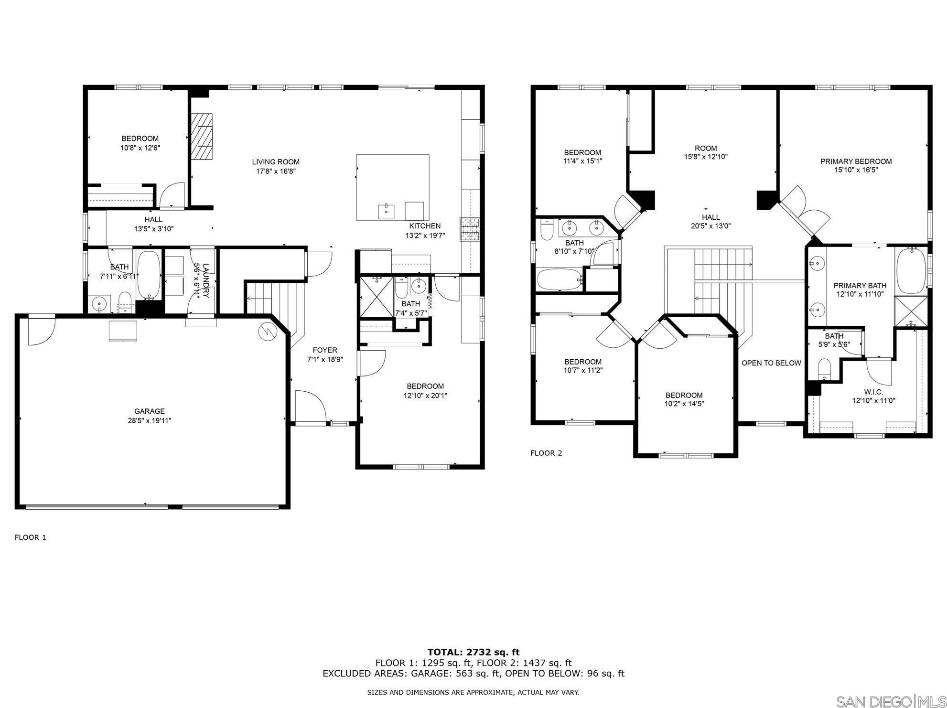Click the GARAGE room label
[149, 411]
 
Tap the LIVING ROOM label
[276, 162]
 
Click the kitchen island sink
[386, 210]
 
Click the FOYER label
[325, 350]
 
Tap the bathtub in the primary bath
[911, 270]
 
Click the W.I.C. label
[873, 392]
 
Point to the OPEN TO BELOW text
[771, 363]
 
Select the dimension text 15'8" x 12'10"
[706, 157]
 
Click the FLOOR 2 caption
[546, 453]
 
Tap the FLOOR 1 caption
[31, 537]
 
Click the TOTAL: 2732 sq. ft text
[473, 652]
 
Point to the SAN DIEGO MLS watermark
[891, 701]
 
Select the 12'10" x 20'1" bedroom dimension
[425, 396]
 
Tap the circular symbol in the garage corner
[266, 331]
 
